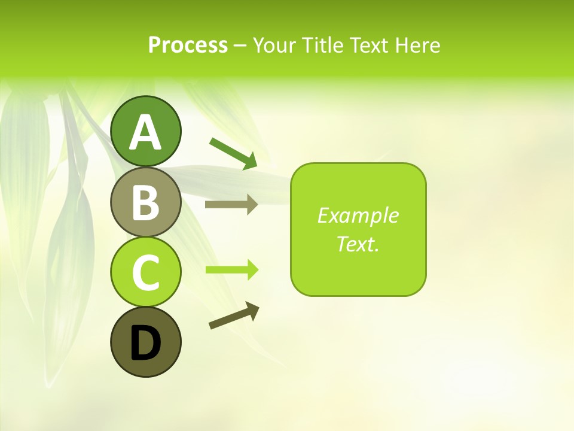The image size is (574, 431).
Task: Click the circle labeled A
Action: click(x=145, y=131)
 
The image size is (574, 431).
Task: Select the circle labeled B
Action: click(x=145, y=202)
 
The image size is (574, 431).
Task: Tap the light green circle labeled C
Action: click(x=145, y=272)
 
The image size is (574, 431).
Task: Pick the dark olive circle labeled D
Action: click(x=145, y=342)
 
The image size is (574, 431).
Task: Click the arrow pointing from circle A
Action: click(x=233, y=153)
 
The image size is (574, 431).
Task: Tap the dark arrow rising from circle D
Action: click(x=234, y=315)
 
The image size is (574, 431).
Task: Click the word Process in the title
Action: click(x=188, y=45)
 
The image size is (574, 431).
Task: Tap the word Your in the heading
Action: click(x=274, y=45)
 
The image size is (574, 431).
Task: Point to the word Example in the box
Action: click(x=358, y=215)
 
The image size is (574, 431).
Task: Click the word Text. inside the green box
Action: click(x=358, y=244)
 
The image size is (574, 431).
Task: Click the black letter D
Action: click(x=145, y=344)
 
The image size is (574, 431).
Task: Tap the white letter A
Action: click(x=145, y=132)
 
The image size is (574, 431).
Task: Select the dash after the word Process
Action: click(x=240, y=45)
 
